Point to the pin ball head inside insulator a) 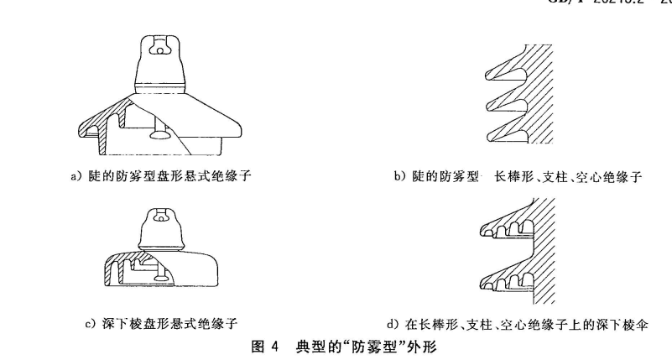coord(160,131)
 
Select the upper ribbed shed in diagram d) coord(508,221)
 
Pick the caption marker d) coord(391,323)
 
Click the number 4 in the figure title coord(273,345)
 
